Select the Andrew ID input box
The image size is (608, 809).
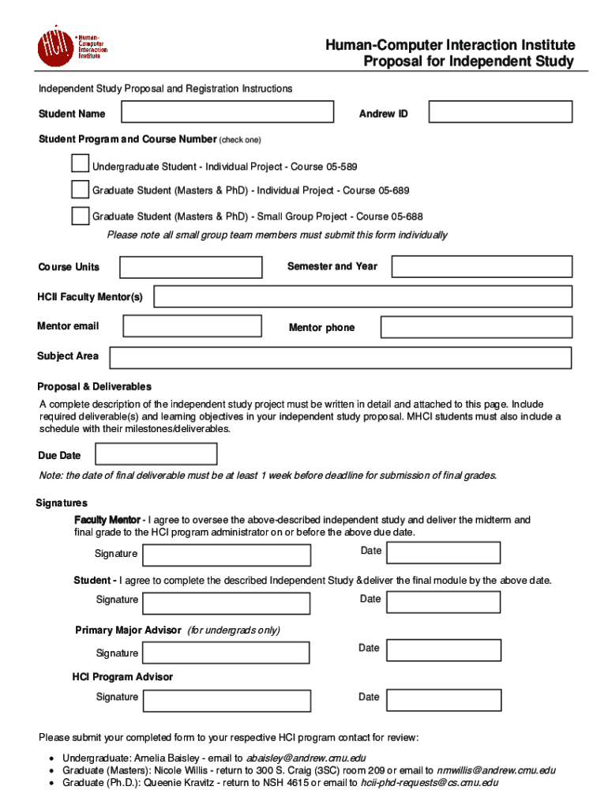point(500,112)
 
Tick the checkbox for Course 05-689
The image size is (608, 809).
point(80,190)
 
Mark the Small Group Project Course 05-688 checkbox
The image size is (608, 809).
point(80,216)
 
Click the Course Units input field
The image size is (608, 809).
point(190,267)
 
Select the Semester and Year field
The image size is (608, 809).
point(482,266)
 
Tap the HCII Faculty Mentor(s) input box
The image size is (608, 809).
point(362,296)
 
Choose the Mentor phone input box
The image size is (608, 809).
point(476,327)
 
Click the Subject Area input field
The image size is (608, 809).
point(340,358)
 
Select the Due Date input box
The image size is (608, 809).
point(156,454)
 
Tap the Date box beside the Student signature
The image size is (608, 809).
point(443,601)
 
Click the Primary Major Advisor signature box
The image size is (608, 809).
point(226,653)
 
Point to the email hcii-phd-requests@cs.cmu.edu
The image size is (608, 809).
point(430,783)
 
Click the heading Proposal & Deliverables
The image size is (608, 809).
point(94,386)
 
